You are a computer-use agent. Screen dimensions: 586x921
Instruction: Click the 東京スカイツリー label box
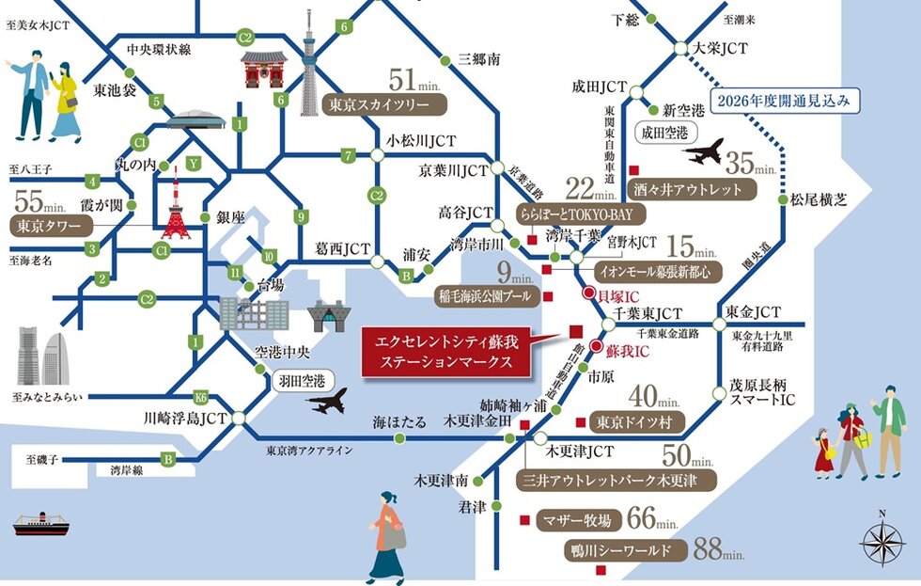coord(375,104)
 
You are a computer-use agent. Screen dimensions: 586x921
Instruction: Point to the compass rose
coord(882,541)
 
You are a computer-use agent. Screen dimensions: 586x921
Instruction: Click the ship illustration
coord(43,523)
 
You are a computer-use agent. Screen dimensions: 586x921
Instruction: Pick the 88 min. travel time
coord(720,549)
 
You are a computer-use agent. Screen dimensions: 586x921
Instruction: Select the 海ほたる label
coord(399,420)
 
